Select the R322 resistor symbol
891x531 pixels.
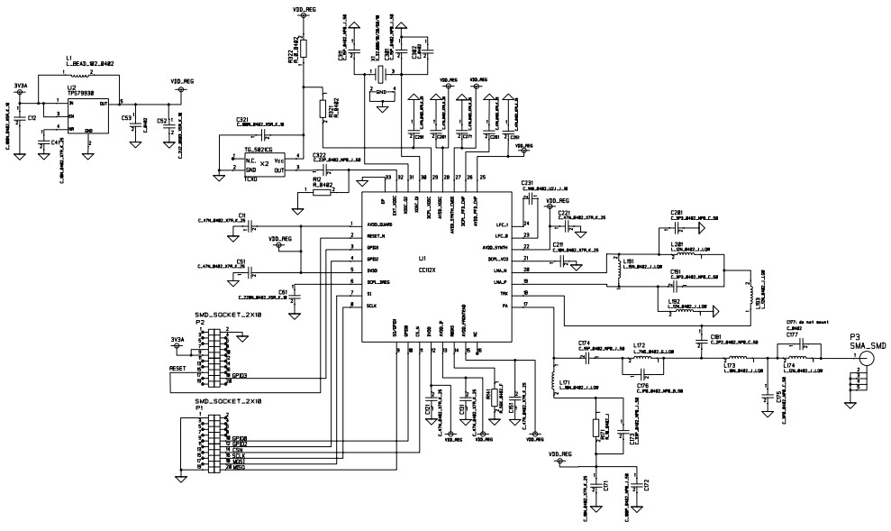tap(304, 48)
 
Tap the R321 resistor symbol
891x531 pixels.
tap(322, 108)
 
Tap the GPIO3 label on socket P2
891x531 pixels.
tap(239, 374)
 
